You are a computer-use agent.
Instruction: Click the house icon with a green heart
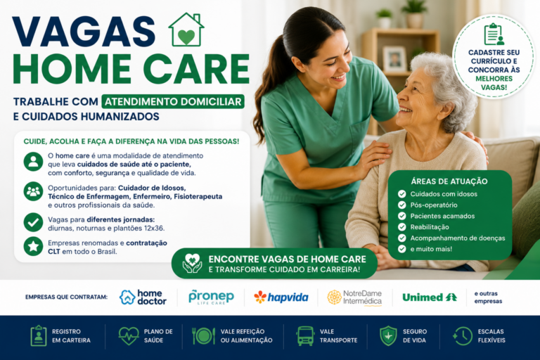tap(186, 30)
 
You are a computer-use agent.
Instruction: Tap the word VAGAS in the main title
tap(84, 32)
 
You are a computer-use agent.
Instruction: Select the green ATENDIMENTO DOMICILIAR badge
tap(173, 102)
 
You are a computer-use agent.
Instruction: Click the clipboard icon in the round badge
tap(494, 34)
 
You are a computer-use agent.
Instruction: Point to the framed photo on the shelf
tap(394, 59)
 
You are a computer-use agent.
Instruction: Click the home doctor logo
tap(143, 297)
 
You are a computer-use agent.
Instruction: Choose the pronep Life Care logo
tap(211, 297)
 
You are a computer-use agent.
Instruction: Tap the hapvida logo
tap(281, 297)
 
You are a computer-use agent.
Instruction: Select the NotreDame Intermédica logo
tap(354, 297)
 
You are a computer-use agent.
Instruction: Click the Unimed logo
tap(430, 297)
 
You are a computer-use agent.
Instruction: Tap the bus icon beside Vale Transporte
tap(305, 336)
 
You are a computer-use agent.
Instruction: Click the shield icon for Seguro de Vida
tap(388, 336)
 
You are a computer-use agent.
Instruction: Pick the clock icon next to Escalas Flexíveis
tap(463, 336)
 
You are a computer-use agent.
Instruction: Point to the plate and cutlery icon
tap(203, 336)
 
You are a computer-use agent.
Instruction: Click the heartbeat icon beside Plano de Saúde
tap(129, 336)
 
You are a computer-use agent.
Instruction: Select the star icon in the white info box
tap(34, 246)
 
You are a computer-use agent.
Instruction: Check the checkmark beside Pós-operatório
tap(402, 205)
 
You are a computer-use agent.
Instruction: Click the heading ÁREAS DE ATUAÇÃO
tap(449, 181)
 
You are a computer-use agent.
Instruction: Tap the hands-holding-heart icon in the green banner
tap(192, 264)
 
